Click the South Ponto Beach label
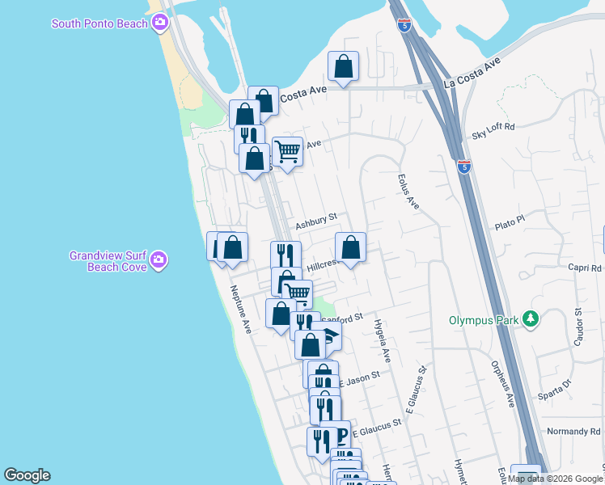coord(99,23)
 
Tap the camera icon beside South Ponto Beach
coord(160,23)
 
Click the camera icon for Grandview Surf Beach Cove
coord(160,259)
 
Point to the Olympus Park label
coord(484,320)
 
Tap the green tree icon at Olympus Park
coord(530,319)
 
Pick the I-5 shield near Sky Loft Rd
coord(464,167)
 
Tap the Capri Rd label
coord(585,268)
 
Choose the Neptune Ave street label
coord(241,310)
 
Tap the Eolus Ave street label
coord(408,192)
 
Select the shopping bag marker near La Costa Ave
coord(343,66)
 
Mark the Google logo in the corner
coord(27,475)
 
